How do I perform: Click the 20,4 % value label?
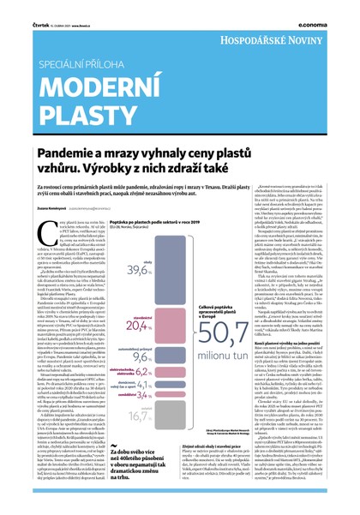pos(138,327)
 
